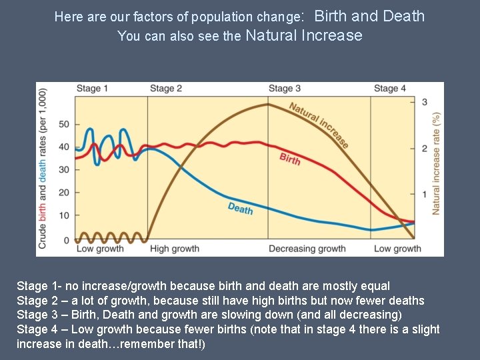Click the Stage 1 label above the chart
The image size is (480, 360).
coord(92,89)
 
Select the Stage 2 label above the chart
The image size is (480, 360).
coord(166,89)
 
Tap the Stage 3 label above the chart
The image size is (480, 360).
coord(285,89)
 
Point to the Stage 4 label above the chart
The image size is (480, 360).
coord(390,89)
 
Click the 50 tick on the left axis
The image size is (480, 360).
coord(64,125)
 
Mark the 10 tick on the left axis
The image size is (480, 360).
coord(64,216)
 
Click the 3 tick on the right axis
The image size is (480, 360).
coord(425,102)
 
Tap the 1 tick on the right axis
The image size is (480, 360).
coord(425,194)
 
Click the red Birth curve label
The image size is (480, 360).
coord(290,159)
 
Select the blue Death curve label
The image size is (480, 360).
coord(240,209)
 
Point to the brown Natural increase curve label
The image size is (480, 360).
coord(319,124)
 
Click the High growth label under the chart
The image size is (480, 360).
coord(175,249)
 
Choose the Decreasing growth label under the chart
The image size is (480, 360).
coord(307,249)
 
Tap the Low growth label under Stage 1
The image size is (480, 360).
coord(100,249)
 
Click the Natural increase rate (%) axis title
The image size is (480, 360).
coord(436,163)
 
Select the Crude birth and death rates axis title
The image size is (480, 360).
coord(43,169)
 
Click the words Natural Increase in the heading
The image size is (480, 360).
coord(304,35)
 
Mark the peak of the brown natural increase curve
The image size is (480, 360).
coord(268,104)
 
